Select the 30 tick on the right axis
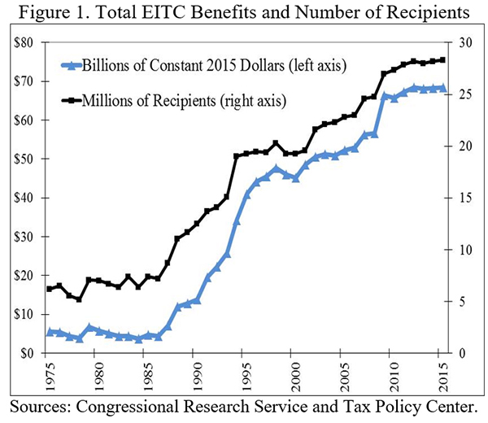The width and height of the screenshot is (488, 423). [460, 42]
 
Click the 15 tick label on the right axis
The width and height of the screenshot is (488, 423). [460, 198]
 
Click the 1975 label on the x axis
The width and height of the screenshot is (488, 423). [49, 373]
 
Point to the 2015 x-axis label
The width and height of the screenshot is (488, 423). [442, 373]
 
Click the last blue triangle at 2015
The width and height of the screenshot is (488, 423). [442, 87]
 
